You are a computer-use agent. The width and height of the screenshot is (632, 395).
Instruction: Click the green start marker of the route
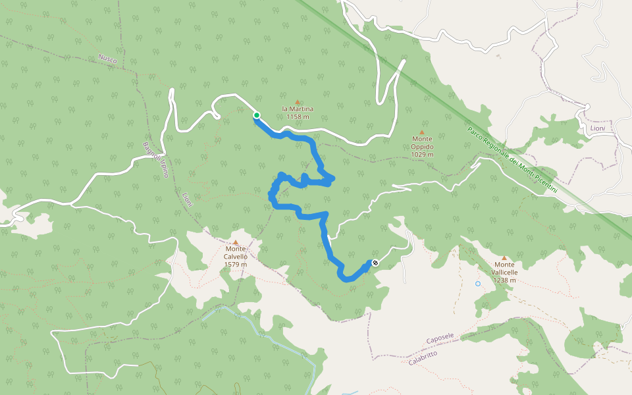256,115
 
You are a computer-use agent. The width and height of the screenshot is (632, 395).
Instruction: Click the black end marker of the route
375,263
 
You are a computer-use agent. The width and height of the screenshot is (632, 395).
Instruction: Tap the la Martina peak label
298,109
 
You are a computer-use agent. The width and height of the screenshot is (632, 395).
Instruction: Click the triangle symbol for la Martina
298,102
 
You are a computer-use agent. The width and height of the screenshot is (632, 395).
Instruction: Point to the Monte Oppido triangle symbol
422,132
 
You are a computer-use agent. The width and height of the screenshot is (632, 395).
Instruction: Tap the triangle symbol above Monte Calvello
235,242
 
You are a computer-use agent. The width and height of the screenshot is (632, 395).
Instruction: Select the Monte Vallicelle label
504,272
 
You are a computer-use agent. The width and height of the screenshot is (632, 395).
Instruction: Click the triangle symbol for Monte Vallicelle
504,258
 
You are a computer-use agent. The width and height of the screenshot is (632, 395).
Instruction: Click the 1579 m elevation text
236,265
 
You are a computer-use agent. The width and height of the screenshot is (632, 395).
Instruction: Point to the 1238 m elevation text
504,280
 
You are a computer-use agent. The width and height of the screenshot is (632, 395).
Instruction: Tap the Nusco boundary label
107,59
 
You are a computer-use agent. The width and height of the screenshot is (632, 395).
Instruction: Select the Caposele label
440,338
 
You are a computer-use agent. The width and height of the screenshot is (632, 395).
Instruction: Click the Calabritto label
422,358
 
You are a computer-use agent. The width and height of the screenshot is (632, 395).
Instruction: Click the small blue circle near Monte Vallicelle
478,284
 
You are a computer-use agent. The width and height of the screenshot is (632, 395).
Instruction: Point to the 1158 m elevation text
298,117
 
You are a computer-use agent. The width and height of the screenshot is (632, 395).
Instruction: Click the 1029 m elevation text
422,155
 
